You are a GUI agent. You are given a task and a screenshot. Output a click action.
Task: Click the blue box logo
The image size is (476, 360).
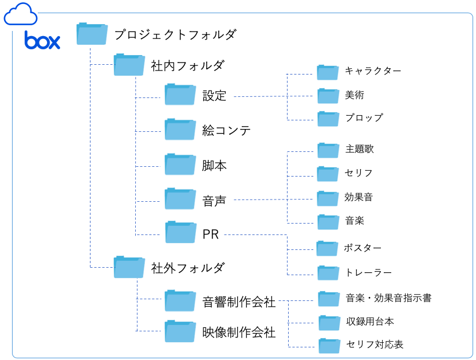tap(42, 41)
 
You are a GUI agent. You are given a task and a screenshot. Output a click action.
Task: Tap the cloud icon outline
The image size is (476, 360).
tap(21, 14)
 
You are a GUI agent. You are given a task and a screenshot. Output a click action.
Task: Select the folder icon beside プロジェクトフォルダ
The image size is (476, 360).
tap(92, 34)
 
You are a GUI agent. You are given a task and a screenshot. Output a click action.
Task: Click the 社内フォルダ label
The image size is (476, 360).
tap(187, 65)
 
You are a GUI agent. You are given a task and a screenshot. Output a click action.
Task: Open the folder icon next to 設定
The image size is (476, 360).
tap(180, 95)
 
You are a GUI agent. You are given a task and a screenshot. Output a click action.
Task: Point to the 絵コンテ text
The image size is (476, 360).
tap(226, 130)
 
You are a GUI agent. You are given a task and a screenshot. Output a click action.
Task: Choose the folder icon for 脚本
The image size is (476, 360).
tap(180, 165)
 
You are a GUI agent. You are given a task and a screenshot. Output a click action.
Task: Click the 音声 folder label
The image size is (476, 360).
tap(214, 201)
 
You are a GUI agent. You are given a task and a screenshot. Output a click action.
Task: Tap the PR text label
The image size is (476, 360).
tap(211, 234)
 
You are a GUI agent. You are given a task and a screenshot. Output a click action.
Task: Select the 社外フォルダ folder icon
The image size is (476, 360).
tap(129, 267)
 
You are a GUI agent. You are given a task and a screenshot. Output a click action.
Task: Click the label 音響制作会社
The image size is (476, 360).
tap(239, 302)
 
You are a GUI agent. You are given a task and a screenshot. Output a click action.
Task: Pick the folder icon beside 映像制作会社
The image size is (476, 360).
tap(180, 331)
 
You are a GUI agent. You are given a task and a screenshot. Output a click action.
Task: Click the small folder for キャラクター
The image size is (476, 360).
tap(328, 72)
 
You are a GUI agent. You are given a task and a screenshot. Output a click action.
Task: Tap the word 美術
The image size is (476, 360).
tap(355, 95)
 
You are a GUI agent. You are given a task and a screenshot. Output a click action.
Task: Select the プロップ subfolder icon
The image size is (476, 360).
tap(328, 118)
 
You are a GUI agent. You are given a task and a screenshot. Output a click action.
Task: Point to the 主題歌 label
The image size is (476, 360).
tap(359, 149)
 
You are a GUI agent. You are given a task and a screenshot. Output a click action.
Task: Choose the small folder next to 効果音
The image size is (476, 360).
tap(328, 198)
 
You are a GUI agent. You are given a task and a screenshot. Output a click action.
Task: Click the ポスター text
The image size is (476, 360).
tap(363, 248)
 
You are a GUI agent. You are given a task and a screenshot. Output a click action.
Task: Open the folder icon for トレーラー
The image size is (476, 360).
tap(328, 272)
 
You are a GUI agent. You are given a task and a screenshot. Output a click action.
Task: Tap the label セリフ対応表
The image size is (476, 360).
tap(375, 345)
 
